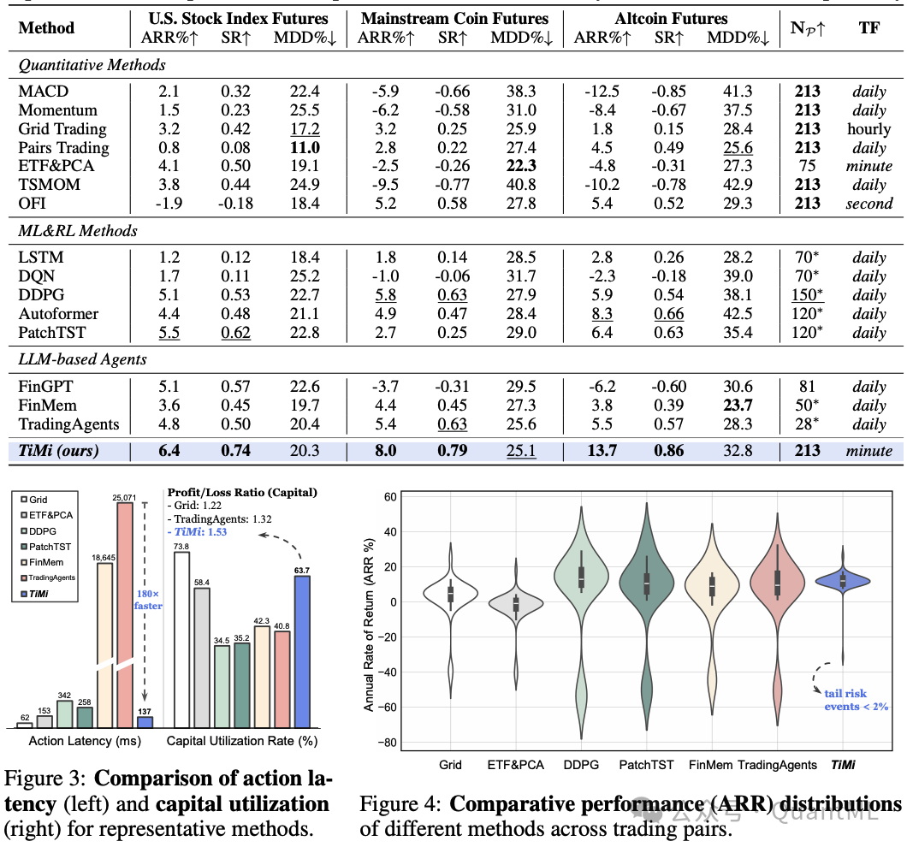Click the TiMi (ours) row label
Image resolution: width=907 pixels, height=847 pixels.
point(58,451)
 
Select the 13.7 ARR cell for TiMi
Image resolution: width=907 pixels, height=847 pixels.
point(602,451)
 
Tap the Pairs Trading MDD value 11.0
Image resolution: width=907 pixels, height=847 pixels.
point(305,147)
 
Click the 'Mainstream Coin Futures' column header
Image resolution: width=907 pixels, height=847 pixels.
point(454,19)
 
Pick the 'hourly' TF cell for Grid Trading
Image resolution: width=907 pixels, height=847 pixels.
point(868,129)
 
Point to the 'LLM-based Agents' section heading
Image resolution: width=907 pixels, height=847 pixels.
point(83,359)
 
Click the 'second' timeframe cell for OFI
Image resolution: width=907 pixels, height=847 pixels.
point(868,204)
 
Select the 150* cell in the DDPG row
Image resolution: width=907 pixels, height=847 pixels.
point(807,294)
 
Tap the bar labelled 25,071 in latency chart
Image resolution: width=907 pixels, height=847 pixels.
point(125,615)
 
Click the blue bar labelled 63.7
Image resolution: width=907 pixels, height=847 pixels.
point(302,651)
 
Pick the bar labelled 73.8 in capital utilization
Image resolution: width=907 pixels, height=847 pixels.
point(181,639)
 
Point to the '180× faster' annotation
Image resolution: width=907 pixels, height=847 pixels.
point(148,600)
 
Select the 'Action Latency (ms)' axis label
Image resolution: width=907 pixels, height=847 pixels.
point(85,741)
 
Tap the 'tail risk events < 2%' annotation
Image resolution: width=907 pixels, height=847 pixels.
point(857,700)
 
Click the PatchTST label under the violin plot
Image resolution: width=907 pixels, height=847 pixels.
point(646,765)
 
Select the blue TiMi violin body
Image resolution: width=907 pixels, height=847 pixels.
point(843,582)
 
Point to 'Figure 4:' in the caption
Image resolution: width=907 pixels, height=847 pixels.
point(400,804)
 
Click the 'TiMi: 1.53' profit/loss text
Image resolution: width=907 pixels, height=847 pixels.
point(197,532)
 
